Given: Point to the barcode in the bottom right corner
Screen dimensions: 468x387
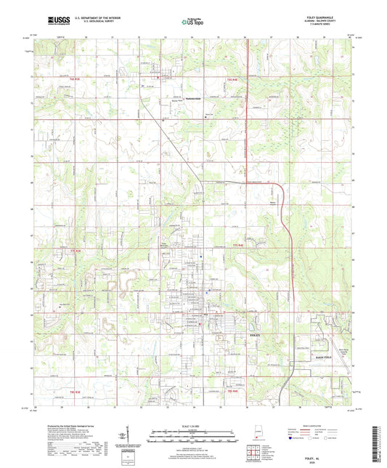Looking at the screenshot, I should [376, 444].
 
